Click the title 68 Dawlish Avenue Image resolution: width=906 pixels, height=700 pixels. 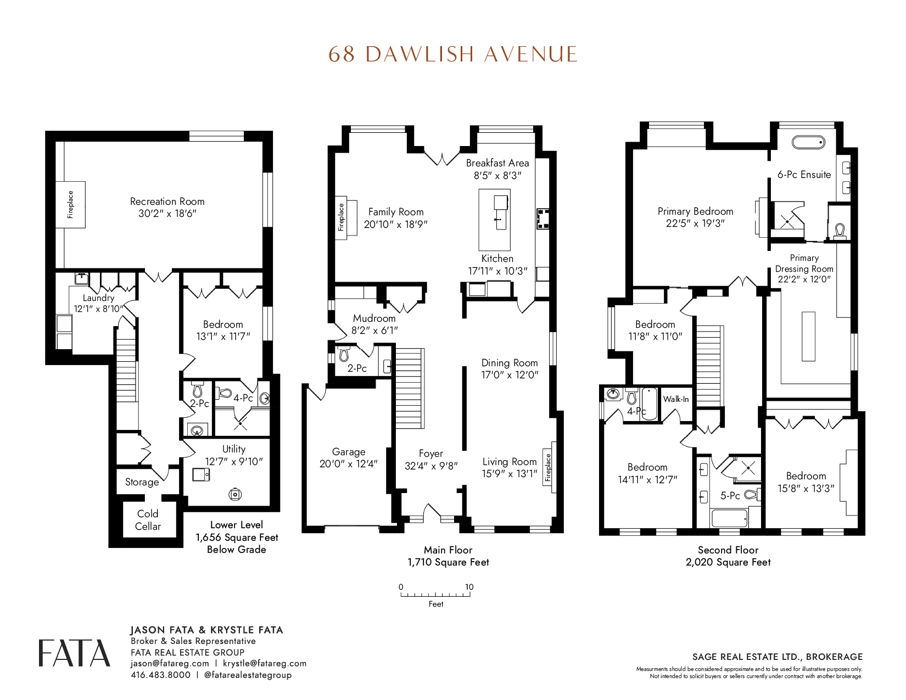pyautogui.click(x=453, y=54)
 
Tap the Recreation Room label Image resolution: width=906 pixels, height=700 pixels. pyautogui.click(x=167, y=201)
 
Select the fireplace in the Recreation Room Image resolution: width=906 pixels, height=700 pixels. pyautogui.click(x=70, y=205)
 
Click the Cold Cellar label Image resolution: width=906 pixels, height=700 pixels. pyautogui.click(x=148, y=520)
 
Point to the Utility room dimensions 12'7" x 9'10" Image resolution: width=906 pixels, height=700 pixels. pyautogui.click(x=234, y=462)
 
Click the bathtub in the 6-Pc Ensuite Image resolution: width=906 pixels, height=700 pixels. pyautogui.click(x=808, y=142)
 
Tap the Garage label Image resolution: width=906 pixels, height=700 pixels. pyautogui.click(x=349, y=452)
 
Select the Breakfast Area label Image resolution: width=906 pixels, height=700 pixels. pyautogui.click(x=497, y=163)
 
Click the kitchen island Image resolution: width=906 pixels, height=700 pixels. pyautogui.click(x=495, y=220)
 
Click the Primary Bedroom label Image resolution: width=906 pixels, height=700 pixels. pyautogui.click(x=696, y=211)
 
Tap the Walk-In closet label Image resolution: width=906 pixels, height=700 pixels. pyautogui.click(x=676, y=399)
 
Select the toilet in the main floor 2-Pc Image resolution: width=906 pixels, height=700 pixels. pyautogui.click(x=344, y=354)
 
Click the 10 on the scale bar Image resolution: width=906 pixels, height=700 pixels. pyautogui.click(x=469, y=587)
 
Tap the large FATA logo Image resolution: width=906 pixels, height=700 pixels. pyautogui.click(x=75, y=653)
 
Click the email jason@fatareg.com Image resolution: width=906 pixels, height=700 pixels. pyautogui.click(x=170, y=663)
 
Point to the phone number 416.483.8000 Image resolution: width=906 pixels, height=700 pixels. pyautogui.click(x=160, y=675)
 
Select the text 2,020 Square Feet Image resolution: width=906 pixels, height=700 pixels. pyautogui.click(x=728, y=562)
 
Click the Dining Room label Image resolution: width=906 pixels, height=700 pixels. pyautogui.click(x=510, y=363)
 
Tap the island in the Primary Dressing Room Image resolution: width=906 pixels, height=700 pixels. pyautogui.click(x=808, y=337)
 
